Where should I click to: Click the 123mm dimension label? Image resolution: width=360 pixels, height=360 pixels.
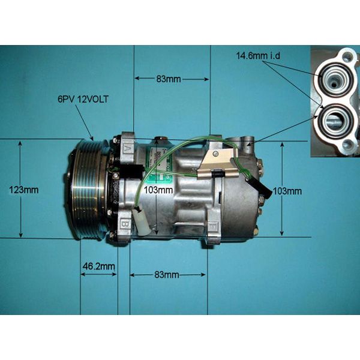coord(24,190)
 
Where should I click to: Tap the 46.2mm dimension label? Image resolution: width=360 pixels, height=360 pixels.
coord(98,266)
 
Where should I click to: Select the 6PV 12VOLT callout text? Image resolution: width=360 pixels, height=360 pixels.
coord(83,100)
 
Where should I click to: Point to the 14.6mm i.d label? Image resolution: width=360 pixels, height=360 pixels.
coord(258,56)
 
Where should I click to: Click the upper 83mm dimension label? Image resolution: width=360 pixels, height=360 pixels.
coord(169,79)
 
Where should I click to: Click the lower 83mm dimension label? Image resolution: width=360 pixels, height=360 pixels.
coord(166,275)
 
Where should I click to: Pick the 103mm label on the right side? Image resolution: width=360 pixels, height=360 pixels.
coord(287,191)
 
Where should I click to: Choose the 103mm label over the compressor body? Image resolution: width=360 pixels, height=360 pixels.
coord(158,190)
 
